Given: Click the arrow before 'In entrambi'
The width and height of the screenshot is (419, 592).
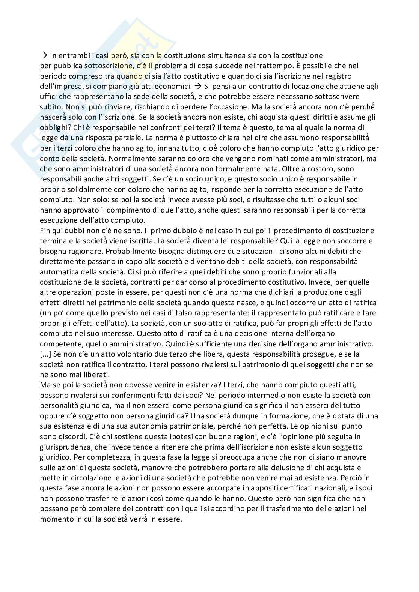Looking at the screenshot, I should (43, 55).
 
